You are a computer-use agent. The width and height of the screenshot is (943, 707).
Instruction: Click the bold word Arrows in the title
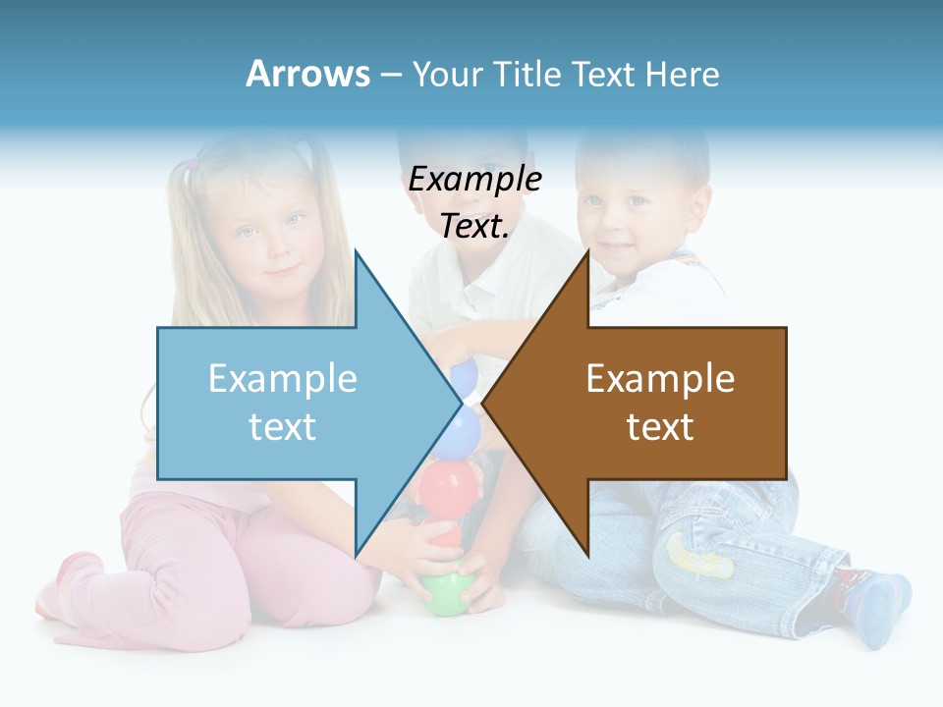[x=307, y=74]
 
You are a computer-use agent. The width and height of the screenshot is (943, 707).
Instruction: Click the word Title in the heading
[x=531, y=74]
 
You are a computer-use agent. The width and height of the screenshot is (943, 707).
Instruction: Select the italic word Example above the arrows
[x=474, y=180]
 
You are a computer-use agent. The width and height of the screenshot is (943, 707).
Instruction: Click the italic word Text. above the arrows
[x=474, y=227]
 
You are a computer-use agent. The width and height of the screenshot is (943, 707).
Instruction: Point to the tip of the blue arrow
[x=459, y=403]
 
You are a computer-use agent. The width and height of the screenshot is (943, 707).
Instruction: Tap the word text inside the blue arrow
[x=282, y=427]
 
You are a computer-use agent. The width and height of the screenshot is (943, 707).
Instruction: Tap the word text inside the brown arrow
[x=660, y=427]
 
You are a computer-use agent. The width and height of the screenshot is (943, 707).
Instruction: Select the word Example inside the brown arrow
[x=660, y=379]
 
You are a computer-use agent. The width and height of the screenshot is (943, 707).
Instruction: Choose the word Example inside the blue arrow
[x=282, y=379]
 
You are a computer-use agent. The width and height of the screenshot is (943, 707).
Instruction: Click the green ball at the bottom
[x=447, y=591]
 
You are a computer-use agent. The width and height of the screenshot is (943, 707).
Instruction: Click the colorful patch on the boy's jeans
[x=699, y=555]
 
